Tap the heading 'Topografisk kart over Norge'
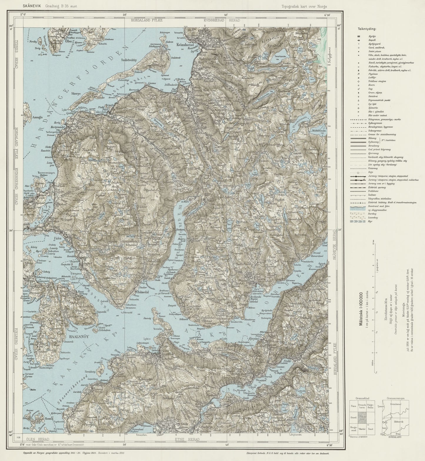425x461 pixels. (x=304, y=6)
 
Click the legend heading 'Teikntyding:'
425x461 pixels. (x=365, y=29)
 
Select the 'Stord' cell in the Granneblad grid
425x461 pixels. (x=354, y=417)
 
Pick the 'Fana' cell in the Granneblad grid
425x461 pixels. (x=354, y=406)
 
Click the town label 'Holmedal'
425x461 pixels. (x=143, y=292)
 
